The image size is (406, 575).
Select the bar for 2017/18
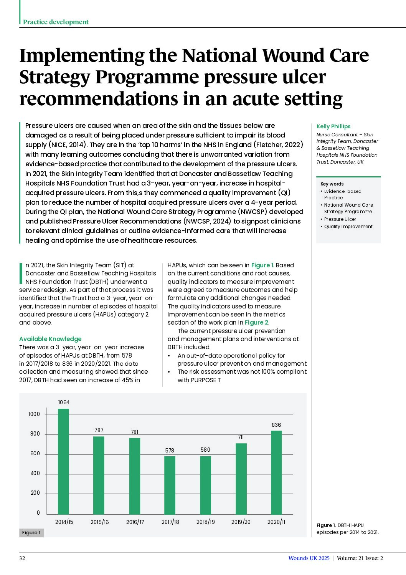click(x=170, y=485)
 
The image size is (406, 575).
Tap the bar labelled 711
click(x=241, y=479)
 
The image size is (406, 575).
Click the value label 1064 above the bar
click(x=64, y=402)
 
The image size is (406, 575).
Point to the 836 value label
click(x=276, y=425)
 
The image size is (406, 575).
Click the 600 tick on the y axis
click(x=35, y=454)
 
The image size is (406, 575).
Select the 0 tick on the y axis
click(x=38, y=513)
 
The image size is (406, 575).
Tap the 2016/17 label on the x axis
click(x=135, y=522)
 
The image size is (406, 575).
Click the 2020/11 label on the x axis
click(x=276, y=522)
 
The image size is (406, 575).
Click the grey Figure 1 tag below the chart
click(x=31, y=533)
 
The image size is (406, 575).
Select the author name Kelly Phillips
click(x=333, y=126)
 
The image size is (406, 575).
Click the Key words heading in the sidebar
click(x=332, y=184)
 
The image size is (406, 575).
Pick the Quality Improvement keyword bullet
click(x=348, y=227)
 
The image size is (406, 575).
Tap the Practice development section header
click(x=56, y=22)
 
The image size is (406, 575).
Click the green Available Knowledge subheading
click(x=50, y=339)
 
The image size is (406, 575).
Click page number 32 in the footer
click(x=22, y=558)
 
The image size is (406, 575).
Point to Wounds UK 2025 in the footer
click(x=309, y=558)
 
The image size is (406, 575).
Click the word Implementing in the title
click(x=81, y=56)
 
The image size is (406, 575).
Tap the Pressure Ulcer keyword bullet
click(x=340, y=219)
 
